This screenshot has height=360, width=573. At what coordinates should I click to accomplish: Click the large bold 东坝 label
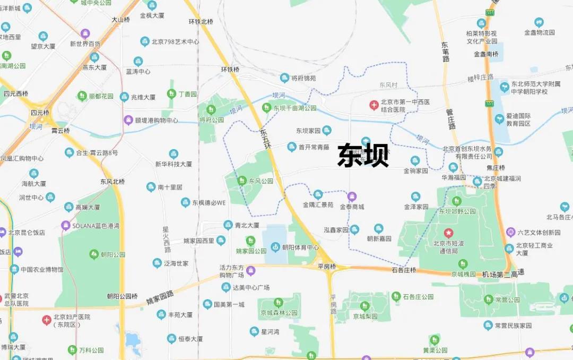(x=363, y=156)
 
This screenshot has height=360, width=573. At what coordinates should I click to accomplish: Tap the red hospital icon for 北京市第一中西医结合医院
(x=375, y=105)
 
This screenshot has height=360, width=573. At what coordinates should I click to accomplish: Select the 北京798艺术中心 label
(x=175, y=41)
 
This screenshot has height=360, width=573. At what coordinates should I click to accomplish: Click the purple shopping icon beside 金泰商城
(x=352, y=196)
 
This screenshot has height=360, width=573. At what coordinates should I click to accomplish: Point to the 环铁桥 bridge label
(x=231, y=69)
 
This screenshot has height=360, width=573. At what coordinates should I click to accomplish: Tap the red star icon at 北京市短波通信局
(x=449, y=233)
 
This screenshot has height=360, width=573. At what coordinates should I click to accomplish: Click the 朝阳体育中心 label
(x=300, y=247)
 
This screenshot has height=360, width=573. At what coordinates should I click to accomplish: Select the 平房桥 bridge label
(x=327, y=266)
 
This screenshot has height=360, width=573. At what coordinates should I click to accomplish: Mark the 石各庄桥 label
(x=404, y=270)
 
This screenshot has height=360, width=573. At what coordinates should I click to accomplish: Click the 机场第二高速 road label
(x=503, y=273)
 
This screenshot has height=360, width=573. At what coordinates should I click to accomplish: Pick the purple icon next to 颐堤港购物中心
(x=128, y=120)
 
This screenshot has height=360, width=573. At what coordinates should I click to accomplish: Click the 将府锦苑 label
(x=303, y=78)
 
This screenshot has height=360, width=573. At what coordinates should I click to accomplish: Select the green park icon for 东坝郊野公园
(x=456, y=201)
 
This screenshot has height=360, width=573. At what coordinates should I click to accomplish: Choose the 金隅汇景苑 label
(x=318, y=204)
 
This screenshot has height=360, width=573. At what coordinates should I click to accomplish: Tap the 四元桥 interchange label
(x=40, y=113)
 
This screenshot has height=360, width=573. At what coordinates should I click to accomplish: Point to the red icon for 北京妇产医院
(x=47, y=320)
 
